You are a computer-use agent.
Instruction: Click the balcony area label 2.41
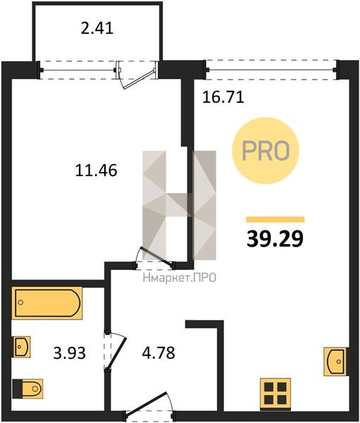(97, 28)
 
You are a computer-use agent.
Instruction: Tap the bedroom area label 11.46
(96, 171)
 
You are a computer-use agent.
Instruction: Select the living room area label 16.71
(223, 97)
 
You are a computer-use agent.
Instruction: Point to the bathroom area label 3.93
(69, 353)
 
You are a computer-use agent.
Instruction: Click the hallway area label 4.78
(159, 352)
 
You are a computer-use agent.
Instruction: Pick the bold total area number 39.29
(275, 239)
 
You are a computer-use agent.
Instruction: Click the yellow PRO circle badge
(266, 151)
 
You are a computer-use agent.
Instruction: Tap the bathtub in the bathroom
(47, 303)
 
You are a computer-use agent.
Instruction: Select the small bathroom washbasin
(22, 347)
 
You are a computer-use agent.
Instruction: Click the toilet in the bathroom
(27, 388)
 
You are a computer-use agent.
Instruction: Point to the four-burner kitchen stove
(275, 394)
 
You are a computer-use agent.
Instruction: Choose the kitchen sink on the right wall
(335, 362)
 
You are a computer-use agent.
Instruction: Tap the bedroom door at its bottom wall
(154, 258)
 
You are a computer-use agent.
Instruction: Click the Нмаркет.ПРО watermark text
(180, 278)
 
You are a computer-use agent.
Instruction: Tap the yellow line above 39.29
(275, 219)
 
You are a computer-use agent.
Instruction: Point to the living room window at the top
(271, 70)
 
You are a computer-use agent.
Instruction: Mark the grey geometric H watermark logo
(180, 205)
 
